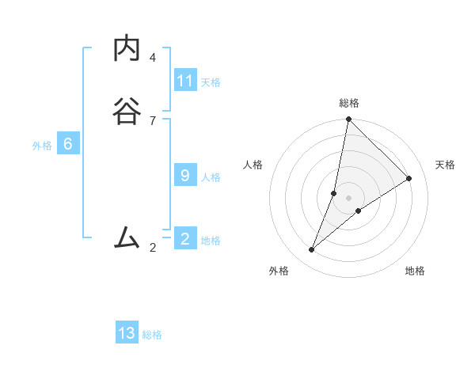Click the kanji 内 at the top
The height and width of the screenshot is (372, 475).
pos(127,49)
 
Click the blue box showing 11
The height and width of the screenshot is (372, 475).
pos(185,81)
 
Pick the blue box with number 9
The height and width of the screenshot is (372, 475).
pos(185,176)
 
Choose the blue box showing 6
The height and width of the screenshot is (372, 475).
pos(68,144)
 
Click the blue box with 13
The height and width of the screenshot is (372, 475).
pos(127,333)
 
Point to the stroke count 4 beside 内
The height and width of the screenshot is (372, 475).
pos(153,58)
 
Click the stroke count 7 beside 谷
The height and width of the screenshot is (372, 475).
pos(153,120)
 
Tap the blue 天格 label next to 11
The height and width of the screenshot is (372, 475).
pos(211,82)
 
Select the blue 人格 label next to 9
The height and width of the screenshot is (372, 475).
pos(211,177)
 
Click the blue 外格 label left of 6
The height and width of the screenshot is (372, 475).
pos(42,145)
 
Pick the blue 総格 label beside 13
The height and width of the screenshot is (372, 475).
pos(152,335)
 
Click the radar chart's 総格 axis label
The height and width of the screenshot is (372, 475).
pos(349,103)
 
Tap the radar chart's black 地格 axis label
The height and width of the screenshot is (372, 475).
pos(415,271)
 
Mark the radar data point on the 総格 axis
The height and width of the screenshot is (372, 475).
pos(348,119)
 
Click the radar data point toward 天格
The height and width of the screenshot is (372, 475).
pos(409,179)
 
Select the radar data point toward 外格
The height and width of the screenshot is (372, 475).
pos(312,250)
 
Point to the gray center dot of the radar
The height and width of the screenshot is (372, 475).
pos(348,198)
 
